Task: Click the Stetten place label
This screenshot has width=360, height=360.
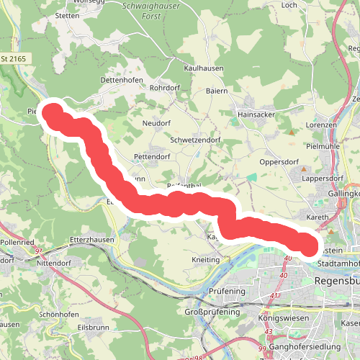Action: (x=66, y=14)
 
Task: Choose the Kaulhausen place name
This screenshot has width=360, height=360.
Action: (x=204, y=68)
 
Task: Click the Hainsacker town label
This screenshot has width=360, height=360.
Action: (x=258, y=114)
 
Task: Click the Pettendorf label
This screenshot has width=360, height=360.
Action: (x=157, y=156)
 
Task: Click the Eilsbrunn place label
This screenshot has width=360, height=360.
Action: (x=93, y=327)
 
